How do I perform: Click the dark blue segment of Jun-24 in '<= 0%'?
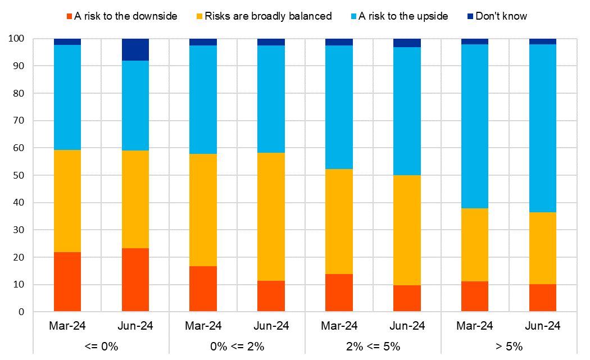click(135, 49)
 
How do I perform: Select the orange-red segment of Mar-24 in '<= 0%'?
click(67, 282)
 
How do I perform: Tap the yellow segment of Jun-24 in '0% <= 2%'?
click(271, 217)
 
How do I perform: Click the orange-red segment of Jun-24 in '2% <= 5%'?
click(407, 298)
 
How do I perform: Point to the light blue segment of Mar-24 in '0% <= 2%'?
click(203, 99)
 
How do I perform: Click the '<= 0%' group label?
click(101, 346)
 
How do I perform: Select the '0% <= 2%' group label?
click(237, 346)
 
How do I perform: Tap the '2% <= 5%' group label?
click(373, 346)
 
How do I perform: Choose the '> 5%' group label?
click(509, 346)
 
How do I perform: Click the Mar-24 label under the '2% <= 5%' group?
click(339, 326)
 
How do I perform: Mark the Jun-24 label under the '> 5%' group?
click(542, 326)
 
